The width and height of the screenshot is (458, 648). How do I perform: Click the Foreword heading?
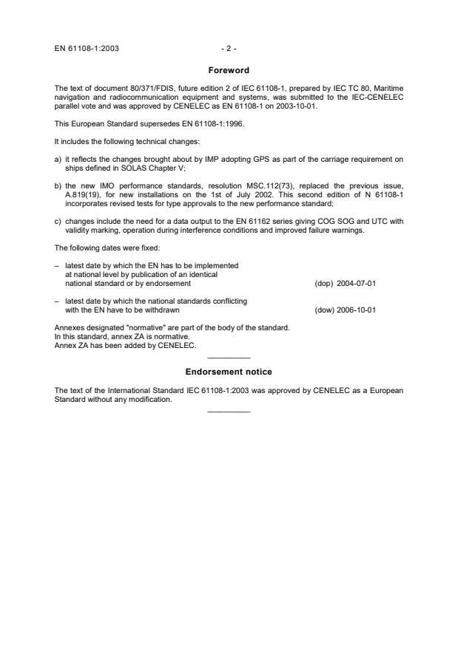click(x=229, y=70)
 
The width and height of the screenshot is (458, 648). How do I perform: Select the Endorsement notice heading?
click(x=229, y=372)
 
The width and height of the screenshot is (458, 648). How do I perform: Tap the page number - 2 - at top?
click(x=229, y=49)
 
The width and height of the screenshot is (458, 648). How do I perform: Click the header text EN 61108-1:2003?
click(x=87, y=49)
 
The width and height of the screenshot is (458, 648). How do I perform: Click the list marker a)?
click(x=59, y=158)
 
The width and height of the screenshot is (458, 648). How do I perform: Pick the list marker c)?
click(x=59, y=219)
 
